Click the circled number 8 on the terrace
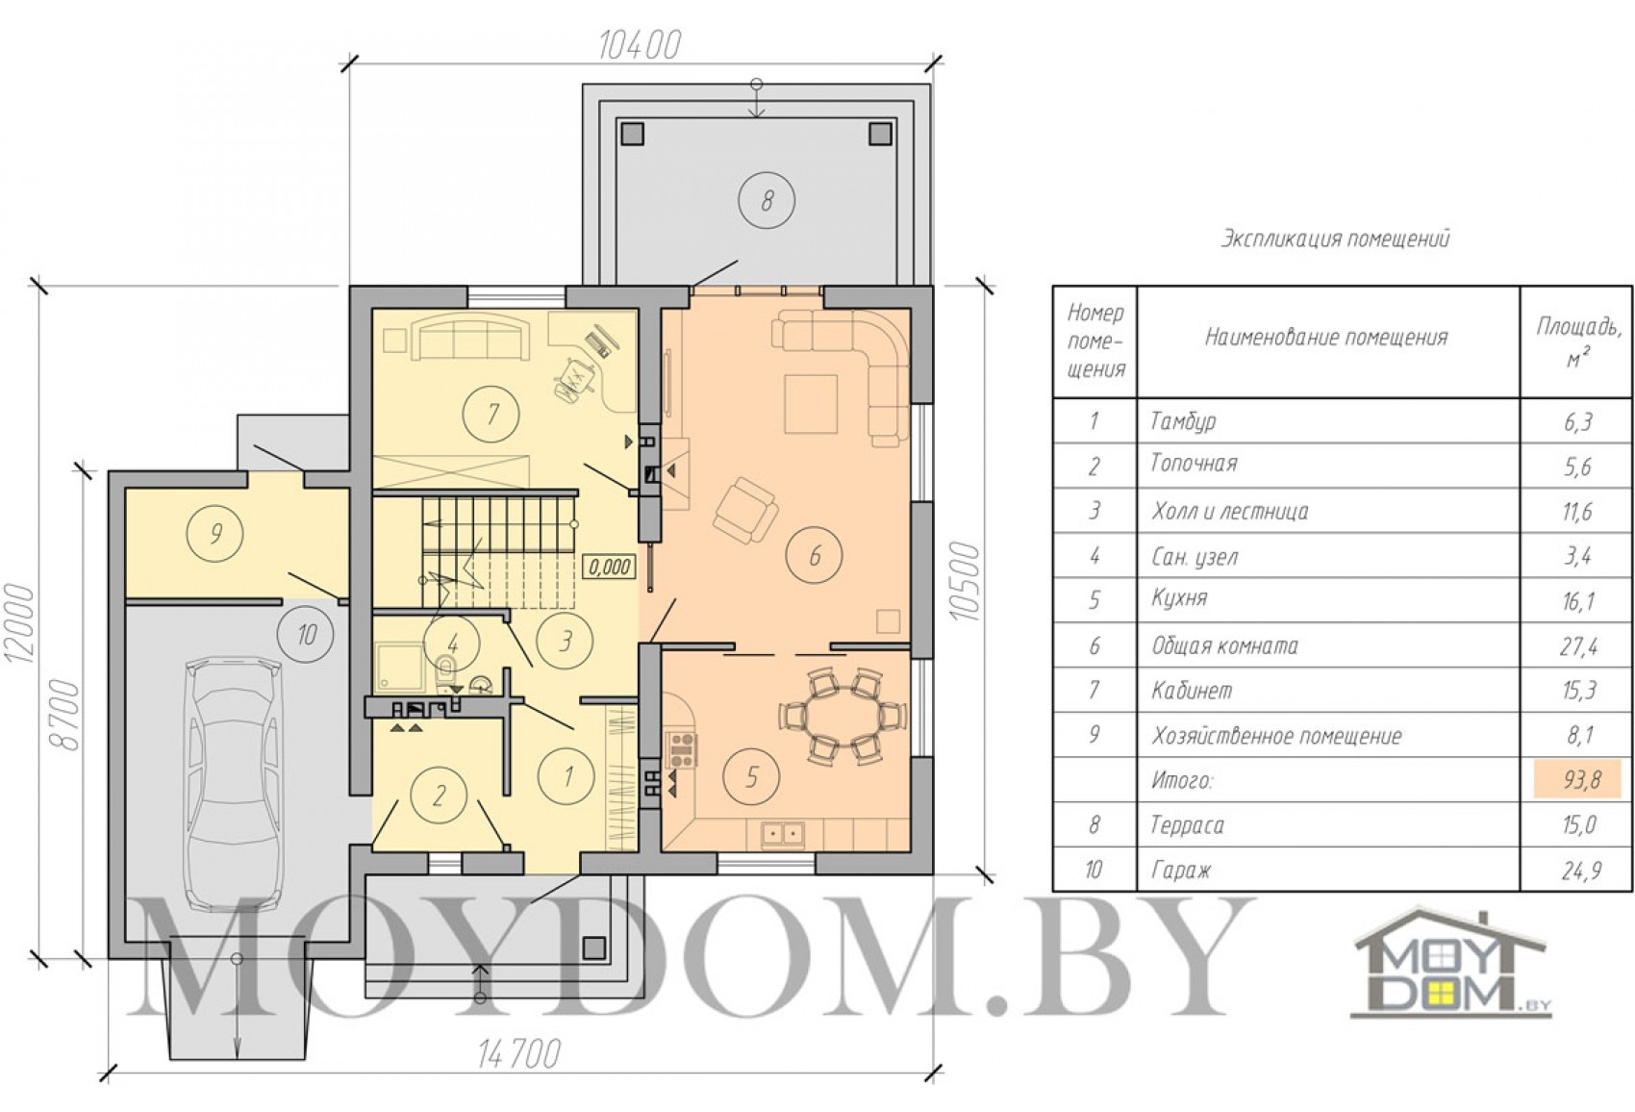pos(767,200)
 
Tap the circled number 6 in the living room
pos(814,556)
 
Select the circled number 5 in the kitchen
pos(752,777)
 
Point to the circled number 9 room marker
pos(215,535)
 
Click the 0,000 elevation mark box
pos(609,567)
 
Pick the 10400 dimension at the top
pos(641,45)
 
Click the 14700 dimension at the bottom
pos(519,1054)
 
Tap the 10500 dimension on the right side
pos(965,581)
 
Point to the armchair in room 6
pos(744,509)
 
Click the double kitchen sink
pos(782,832)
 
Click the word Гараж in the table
pos(1181,871)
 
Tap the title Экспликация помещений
pos(1335,240)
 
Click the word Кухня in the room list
pos(1179,599)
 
